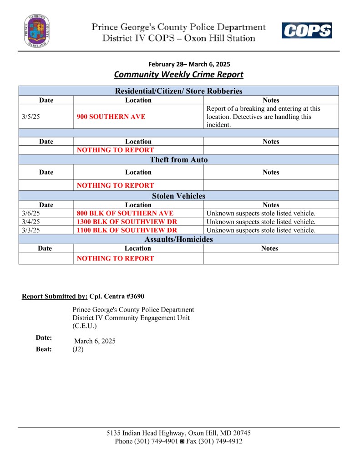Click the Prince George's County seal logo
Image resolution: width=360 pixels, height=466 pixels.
pos(37,31)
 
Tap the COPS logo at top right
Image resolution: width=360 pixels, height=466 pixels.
pos(306,31)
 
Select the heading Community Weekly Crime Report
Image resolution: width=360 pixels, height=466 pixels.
pos(178,74)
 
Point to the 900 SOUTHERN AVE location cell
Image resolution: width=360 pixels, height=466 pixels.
pos(112,117)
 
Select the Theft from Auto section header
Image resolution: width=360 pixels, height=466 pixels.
pos(178,159)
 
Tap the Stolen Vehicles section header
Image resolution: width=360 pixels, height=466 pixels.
pos(178,196)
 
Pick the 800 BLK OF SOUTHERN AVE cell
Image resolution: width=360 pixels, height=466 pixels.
pos(125,213)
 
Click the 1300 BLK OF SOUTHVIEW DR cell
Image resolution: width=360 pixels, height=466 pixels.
pos(127,222)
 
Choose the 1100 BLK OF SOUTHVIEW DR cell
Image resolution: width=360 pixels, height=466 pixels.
pos(127,230)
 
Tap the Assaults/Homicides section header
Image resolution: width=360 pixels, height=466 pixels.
pos(178,239)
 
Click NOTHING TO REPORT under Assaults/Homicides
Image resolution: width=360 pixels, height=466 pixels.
pos(115,258)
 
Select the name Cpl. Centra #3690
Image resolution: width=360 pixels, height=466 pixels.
pos(117,296)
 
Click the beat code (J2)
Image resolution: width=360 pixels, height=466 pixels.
pos(78,349)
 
